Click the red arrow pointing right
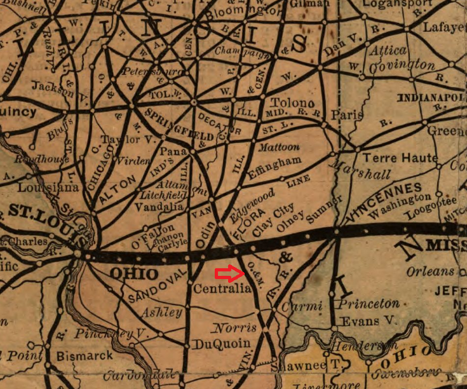click(229, 274)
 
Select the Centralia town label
click(222, 289)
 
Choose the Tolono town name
click(292, 103)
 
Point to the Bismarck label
click(84, 356)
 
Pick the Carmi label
click(302, 306)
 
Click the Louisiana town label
click(48, 188)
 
